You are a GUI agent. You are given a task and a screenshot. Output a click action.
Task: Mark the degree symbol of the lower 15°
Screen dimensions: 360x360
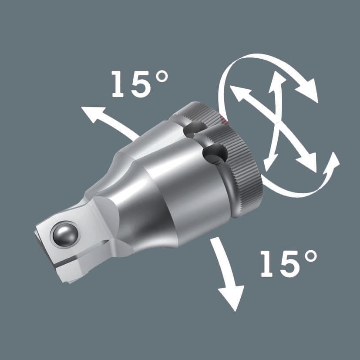coord(310,257)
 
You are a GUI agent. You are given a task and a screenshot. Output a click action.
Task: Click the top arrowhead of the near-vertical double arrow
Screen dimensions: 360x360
coord(278,81)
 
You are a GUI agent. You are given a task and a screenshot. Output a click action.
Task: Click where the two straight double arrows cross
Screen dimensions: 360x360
coord(274,124)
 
